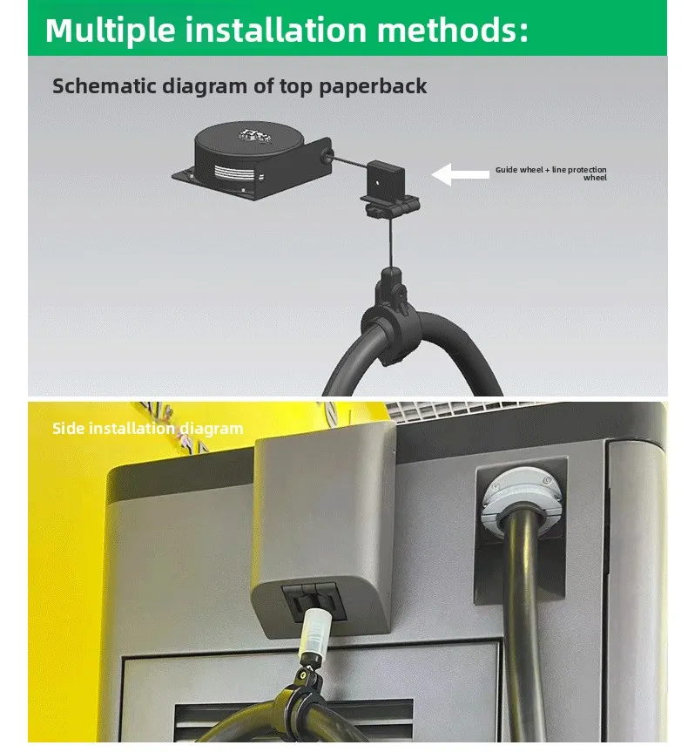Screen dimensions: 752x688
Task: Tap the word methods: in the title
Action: tap(453, 30)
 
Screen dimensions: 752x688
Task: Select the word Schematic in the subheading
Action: tap(97, 86)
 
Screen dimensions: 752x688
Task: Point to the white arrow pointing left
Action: tap(461, 174)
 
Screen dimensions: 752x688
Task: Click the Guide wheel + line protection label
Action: tap(551, 173)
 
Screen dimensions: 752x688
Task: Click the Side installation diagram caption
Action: tap(147, 428)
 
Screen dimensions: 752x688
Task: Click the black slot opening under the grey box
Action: tap(309, 600)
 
